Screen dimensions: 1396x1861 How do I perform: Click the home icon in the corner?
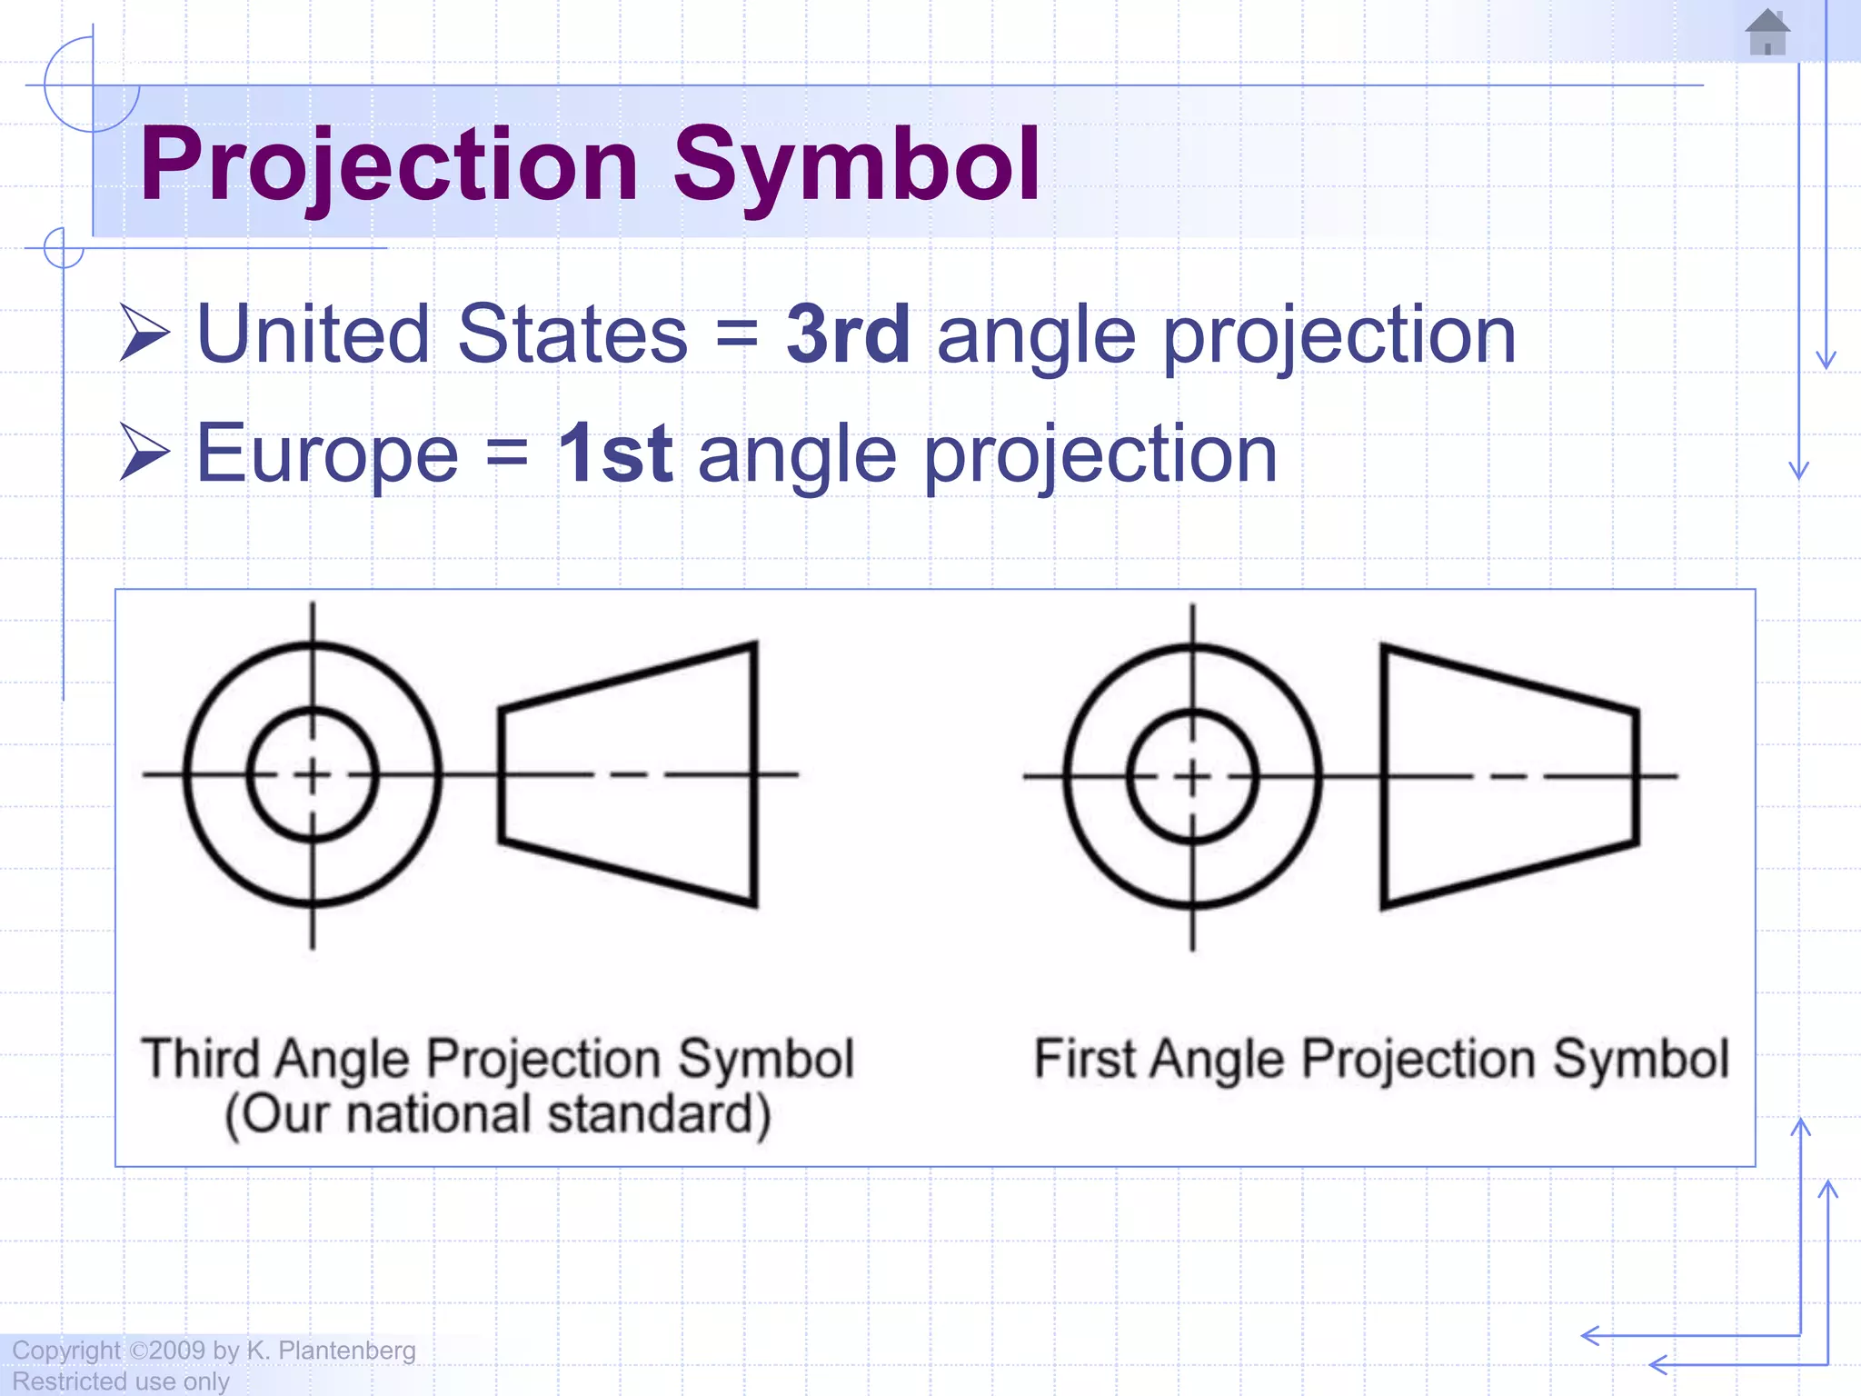1767,33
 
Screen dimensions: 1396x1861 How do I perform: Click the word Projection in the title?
390,165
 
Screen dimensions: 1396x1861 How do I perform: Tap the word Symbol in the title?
856,165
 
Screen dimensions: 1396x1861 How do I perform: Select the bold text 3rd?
847,334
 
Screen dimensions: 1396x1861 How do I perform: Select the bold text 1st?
614,454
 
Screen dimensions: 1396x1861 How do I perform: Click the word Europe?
327,454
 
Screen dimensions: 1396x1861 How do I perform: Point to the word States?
572,334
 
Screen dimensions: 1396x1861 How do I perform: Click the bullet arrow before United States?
144,334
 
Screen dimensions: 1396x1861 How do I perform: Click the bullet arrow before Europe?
144,453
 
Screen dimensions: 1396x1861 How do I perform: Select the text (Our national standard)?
498,1114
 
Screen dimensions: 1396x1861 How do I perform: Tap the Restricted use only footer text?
121,1381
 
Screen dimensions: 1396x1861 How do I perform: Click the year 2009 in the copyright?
177,1351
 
